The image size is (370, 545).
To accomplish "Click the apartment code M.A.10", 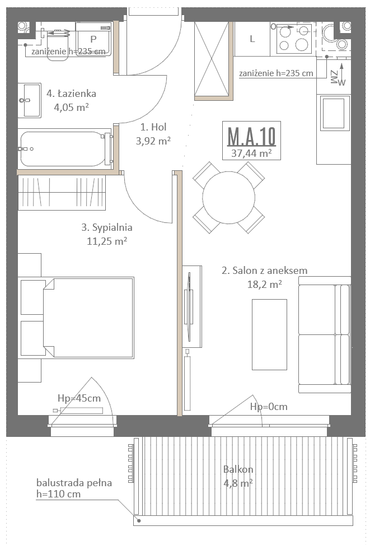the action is [251, 136].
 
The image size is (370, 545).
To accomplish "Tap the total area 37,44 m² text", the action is [251, 153].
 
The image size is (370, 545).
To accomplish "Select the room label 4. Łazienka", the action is [71, 94].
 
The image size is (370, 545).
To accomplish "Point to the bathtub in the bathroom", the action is [65, 149].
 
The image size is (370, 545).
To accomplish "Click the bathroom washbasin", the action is [30, 100].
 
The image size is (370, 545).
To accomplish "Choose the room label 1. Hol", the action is [153, 127].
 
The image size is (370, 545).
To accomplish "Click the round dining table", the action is [228, 197].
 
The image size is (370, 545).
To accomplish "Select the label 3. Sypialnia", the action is [107, 227].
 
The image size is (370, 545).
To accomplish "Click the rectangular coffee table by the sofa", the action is [269, 334].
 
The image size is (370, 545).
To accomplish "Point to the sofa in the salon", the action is [325, 334].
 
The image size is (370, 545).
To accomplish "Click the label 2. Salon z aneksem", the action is [264, 271].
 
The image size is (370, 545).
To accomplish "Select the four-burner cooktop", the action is [294, 38].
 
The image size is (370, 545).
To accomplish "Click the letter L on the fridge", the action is [252, 39].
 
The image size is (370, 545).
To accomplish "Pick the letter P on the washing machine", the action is [93, 39].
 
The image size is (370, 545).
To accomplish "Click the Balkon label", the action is [238, 469].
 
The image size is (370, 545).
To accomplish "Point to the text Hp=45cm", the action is [79, 398].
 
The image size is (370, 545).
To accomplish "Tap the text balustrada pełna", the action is [74, 483].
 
